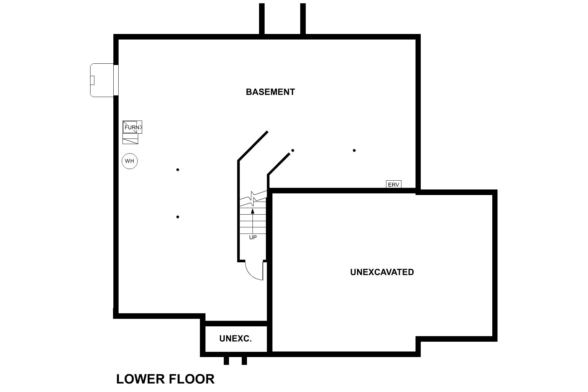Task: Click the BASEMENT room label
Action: [270, 92]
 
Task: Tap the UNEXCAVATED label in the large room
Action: [382, 272]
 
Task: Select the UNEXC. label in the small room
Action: [236, 339]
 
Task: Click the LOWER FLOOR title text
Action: [165, 379]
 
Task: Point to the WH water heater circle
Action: [130, 161]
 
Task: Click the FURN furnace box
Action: [132, 127]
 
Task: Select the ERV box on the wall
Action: [394, 185]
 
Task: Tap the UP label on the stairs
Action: [253, 237]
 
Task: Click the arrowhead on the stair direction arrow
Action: [253, 211]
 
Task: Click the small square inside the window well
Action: [92, 80]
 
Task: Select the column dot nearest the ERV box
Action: [354, 151]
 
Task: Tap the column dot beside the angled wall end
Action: [293, 151]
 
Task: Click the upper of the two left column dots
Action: [178, 170]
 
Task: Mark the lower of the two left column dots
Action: [178, 217]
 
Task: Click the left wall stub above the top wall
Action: [262, 18]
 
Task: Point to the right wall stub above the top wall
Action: [303, 18]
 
